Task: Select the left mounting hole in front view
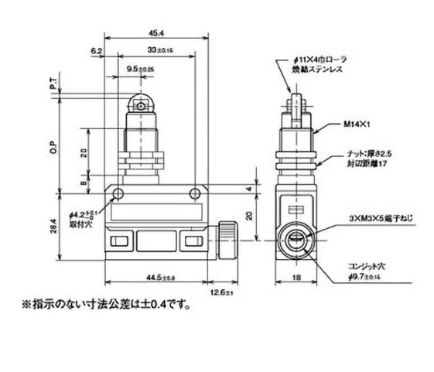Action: pos(118,193)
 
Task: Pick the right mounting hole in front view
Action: pos(193,193)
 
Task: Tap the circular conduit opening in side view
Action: pos(297,241)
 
